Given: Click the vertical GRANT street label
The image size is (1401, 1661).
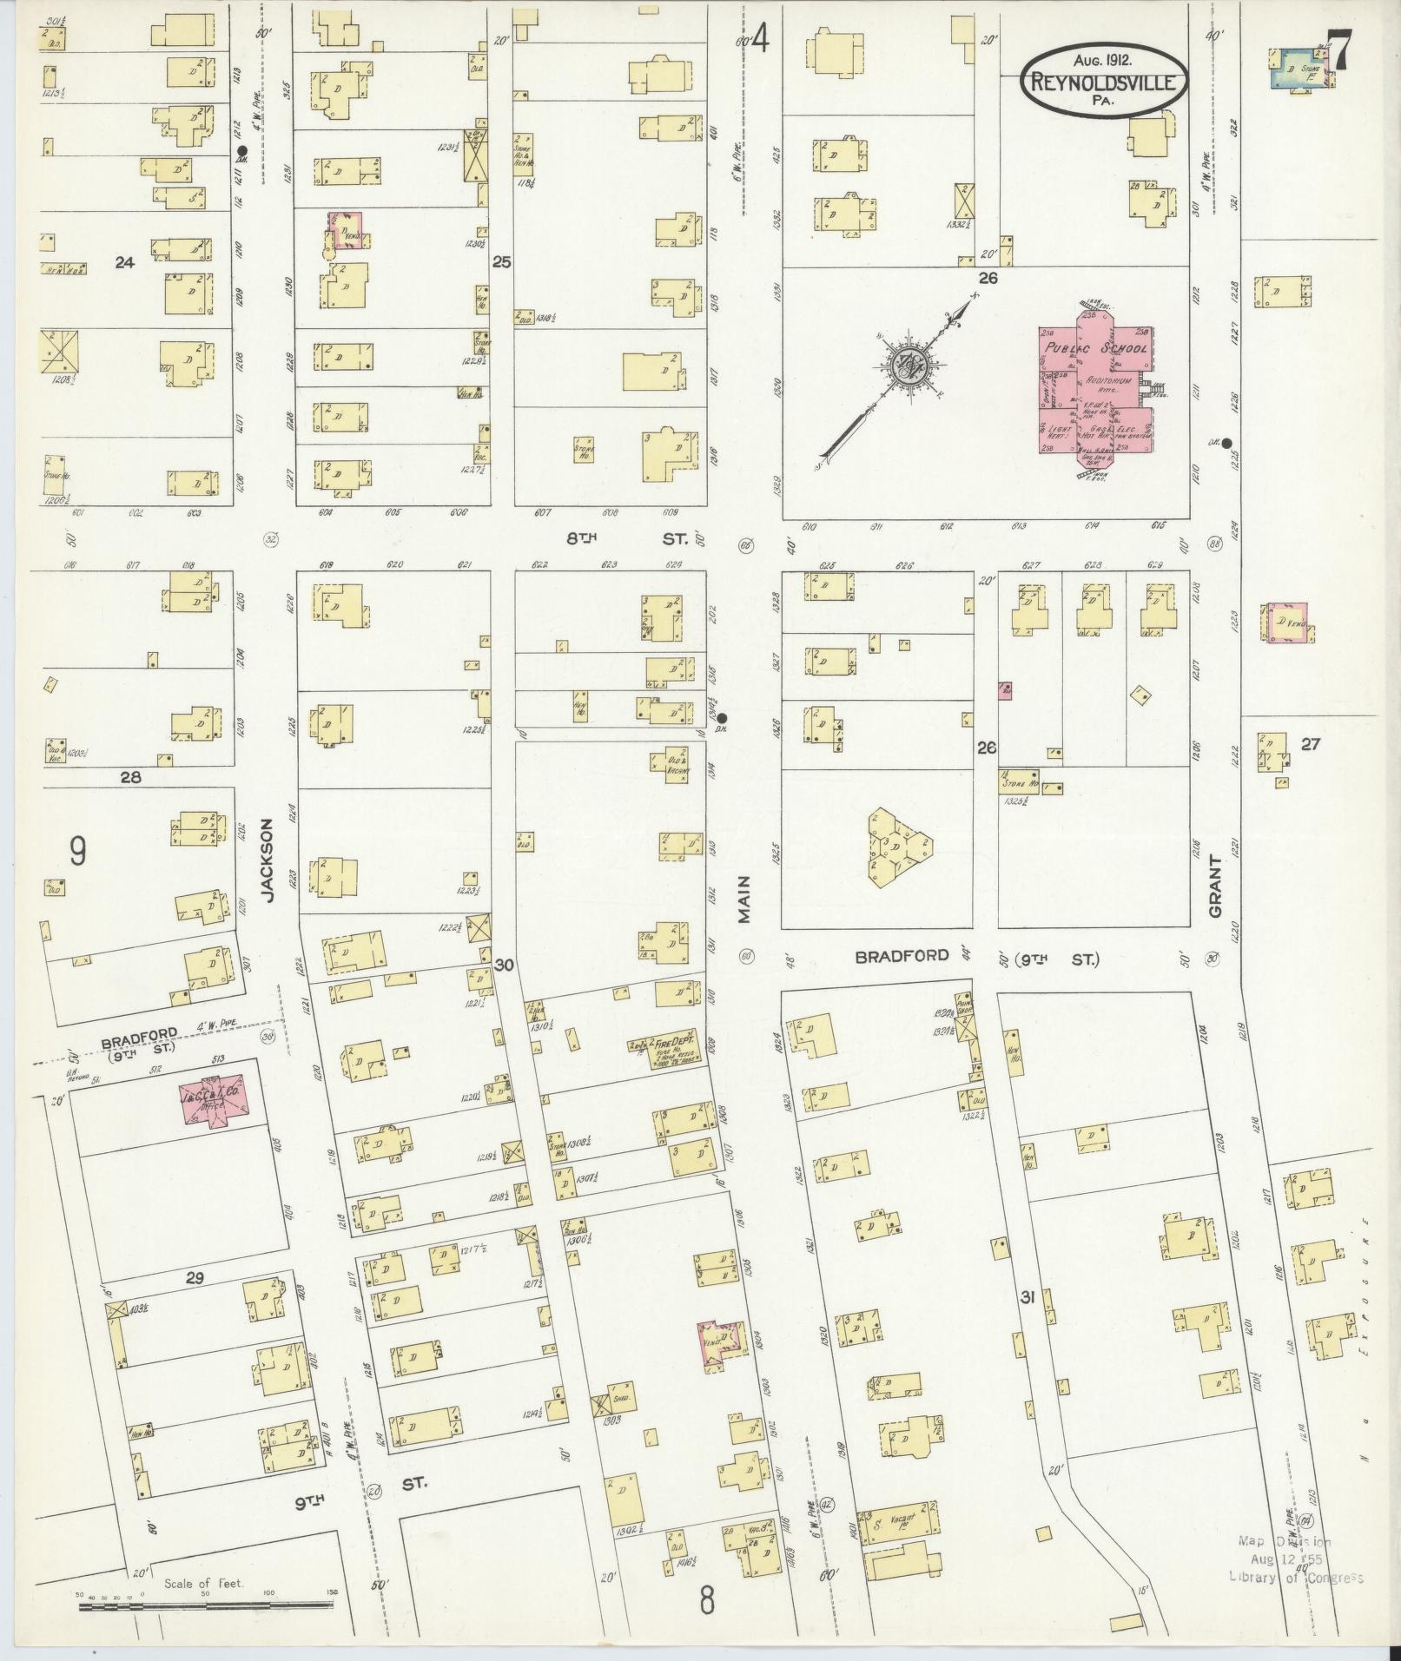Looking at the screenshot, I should click(x=1214, y=886).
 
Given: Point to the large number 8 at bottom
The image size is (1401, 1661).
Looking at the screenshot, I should click(x=707, y=1599).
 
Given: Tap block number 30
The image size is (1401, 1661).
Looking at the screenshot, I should click(x=504, y=965).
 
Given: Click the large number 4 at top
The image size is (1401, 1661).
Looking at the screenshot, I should click(x=761, y=39).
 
